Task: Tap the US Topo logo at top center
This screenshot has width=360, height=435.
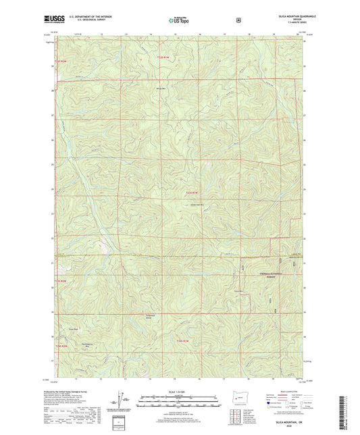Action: (178, 20)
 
